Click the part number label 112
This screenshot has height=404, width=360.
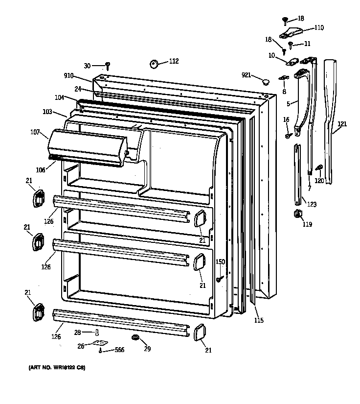[174, 61]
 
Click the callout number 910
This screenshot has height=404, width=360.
[68, 76]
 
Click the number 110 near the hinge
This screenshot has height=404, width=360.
[318, 28]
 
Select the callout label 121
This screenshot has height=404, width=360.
[342, 124]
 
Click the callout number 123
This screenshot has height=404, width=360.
[312, 204]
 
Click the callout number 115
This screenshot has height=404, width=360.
[259, 320]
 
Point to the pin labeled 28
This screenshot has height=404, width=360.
[97, 333]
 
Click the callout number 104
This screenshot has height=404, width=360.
[59, 98]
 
